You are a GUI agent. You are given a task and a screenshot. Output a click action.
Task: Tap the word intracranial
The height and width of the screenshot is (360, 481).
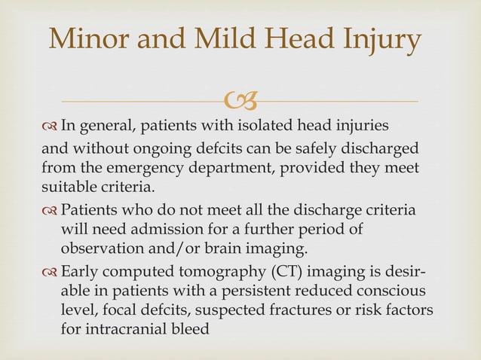click(x=126, y=328)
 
